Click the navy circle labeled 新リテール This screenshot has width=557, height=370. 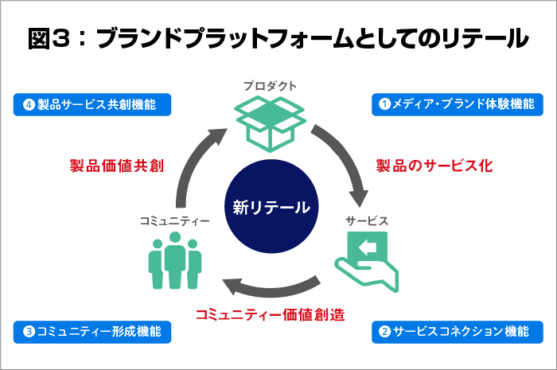[271, 208]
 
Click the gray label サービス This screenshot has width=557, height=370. [367, 220]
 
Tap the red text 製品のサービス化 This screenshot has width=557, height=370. [434, 166]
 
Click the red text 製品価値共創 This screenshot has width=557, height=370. [116, 166]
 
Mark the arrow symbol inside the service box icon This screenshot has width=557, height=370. [368, 248]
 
